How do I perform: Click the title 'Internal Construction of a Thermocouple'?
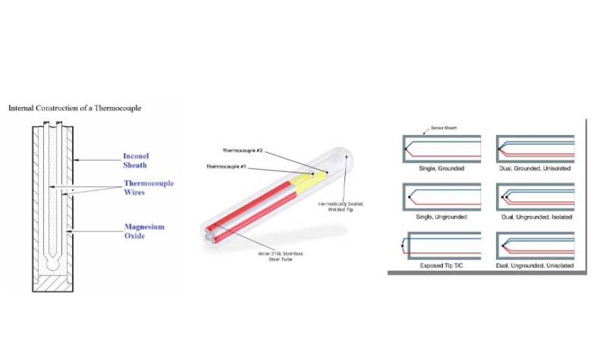[75, 108]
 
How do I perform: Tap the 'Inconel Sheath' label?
[136, 161]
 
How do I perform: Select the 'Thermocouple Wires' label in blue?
[148, 187]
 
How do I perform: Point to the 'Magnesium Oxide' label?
[145, 231]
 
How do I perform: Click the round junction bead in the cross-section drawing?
[52, 264]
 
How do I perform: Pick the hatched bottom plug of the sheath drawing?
[52, 283]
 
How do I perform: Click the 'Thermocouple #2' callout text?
[242, 150]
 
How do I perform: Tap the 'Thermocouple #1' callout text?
[226, 166]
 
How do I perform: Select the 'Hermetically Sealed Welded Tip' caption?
[340, 206]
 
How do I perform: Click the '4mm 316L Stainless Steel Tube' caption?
[280, 256]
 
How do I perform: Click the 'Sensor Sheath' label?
[444, 128]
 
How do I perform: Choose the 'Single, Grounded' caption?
[442, 168]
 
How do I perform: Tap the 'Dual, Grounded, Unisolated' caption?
[535, 168]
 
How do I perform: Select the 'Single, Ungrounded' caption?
[442, 217]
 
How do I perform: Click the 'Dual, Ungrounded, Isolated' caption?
[537, 217]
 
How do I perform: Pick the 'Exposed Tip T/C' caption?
[442, 265]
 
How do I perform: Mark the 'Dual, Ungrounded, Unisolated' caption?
[535, 265]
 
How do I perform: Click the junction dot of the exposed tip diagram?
[403, 246]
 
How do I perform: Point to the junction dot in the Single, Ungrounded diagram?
[410, 197]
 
